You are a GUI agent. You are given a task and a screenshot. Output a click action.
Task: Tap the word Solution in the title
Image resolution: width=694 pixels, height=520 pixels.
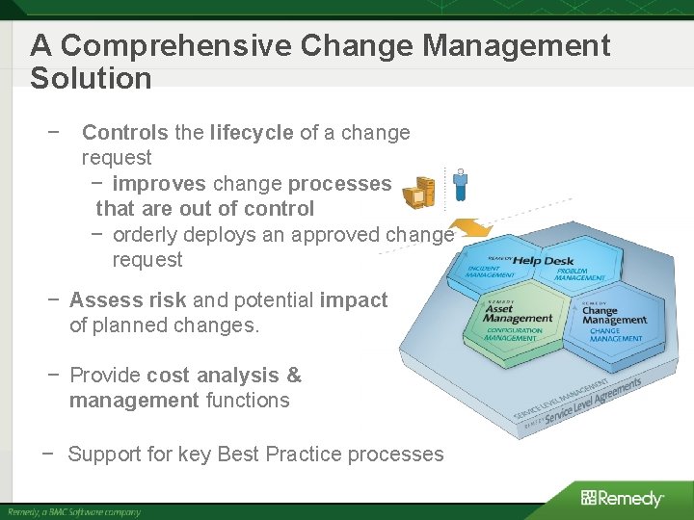coord(91,78)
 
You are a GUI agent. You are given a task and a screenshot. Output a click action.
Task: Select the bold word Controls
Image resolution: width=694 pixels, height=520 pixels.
coord(124,133)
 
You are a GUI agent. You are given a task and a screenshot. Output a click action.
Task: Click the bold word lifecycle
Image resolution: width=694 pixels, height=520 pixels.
coord(251,133)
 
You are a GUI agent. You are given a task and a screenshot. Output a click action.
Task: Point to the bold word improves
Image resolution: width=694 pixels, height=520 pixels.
coord(159,183)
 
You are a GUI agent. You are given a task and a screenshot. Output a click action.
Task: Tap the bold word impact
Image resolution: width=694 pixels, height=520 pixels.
coord(354,300)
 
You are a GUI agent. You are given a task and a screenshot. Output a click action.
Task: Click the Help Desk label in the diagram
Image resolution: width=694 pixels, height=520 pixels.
coord(543,260)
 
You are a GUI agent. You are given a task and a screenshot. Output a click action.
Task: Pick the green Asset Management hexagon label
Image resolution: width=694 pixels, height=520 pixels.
coord(518,314)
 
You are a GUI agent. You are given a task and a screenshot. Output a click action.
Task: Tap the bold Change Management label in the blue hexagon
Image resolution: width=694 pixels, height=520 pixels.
coord(614,315)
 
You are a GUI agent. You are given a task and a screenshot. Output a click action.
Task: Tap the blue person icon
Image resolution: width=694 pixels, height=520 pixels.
coord(461,184)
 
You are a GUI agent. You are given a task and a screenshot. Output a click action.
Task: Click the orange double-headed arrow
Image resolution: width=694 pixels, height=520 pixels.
coord(469,231)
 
